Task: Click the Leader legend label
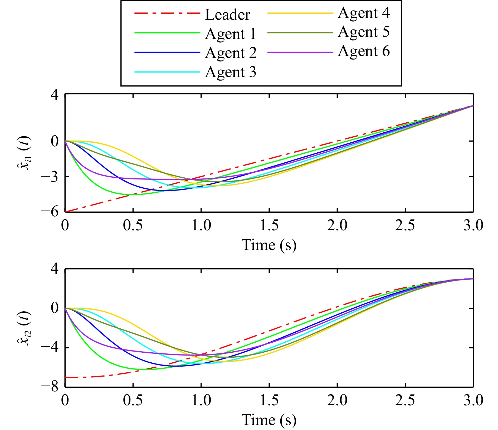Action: [227, 15]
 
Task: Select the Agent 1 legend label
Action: [231, 34]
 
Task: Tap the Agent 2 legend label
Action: [231, 53]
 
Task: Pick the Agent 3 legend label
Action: [231, 72]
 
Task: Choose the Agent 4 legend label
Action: [364, 13]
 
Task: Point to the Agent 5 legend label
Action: [364, 32]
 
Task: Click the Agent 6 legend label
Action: [364, 51]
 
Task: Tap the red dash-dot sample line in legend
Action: [167, 13]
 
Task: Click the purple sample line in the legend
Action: [300, 52]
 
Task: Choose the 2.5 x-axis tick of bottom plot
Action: [405, 401]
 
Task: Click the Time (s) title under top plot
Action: [269, 245]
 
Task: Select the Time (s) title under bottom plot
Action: [269, 420]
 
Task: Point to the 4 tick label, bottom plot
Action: [55, 269]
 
